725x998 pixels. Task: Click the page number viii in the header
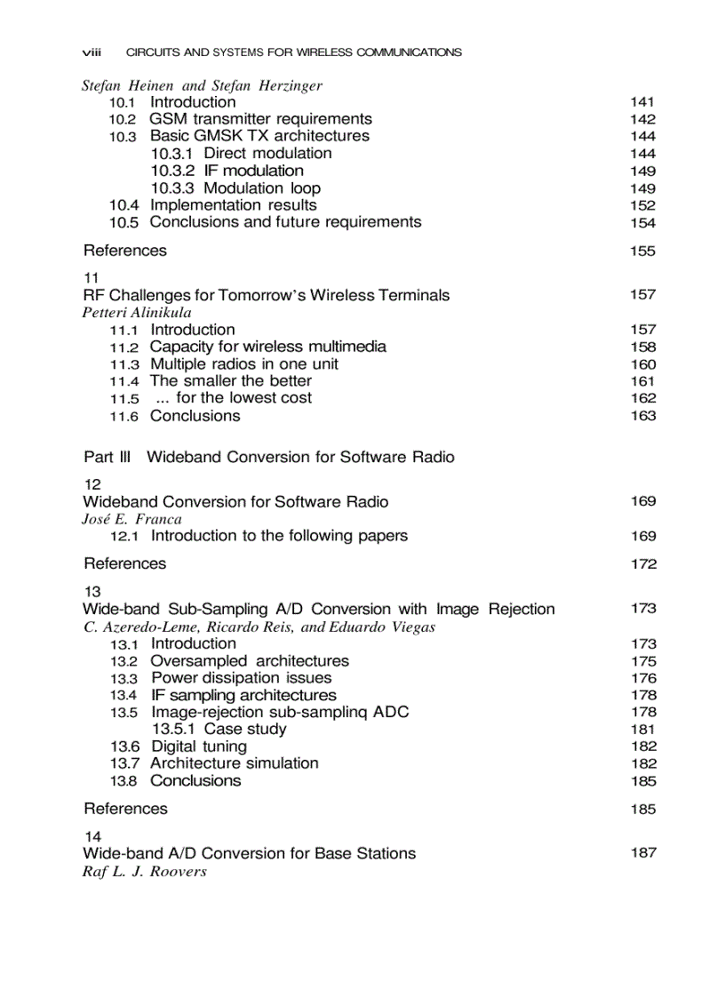click(x=92, y=52)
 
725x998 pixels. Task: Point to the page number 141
click(x=642, y=102)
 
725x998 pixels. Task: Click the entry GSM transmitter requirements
click(x=260, y=119)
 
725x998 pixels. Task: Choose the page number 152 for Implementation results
click(x=642, y=205)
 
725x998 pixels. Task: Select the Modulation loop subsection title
click(x=262, y=188)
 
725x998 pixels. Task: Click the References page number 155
click(x=642, y=251)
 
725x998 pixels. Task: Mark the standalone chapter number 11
click(x=92, y=277)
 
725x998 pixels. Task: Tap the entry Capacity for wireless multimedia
click(x=267, y=347)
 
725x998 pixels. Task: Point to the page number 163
click(x=642, y=416)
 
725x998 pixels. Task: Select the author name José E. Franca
click(x=131, y=519)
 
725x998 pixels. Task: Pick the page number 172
click(x=642, y=564)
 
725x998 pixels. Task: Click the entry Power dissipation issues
click(x=241, y=678)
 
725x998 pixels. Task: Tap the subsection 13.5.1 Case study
click(x=219, y=730)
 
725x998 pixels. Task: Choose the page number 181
click(x=642, y=730)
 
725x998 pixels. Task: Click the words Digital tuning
click(x=199, y=747)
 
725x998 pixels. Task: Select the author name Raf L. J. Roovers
click(x=144, y=871)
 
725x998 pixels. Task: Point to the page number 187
click(x=642, y=853)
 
